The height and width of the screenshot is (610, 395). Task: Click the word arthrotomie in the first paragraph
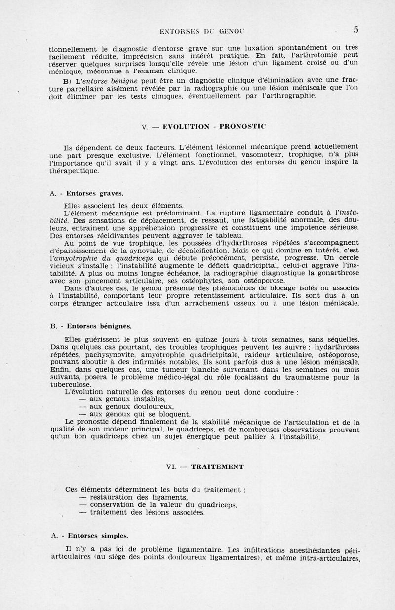click(x=323, y=56)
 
